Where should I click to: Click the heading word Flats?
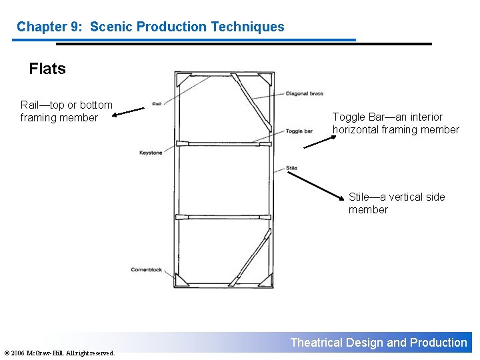point(47,69)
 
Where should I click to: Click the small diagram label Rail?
point(157,104)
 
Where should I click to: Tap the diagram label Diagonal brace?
point(304,94)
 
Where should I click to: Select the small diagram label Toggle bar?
point(299,131)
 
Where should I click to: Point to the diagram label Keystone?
point(151,153)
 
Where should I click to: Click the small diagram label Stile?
point(291,168)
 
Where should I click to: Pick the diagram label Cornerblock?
point(147,270)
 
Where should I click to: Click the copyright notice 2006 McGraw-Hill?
point(59,353)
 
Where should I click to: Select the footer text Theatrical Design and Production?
point(379,343)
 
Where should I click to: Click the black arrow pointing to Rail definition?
point(128,111)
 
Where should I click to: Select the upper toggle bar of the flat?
point(223,143)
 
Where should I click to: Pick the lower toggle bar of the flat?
point(223,217)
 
